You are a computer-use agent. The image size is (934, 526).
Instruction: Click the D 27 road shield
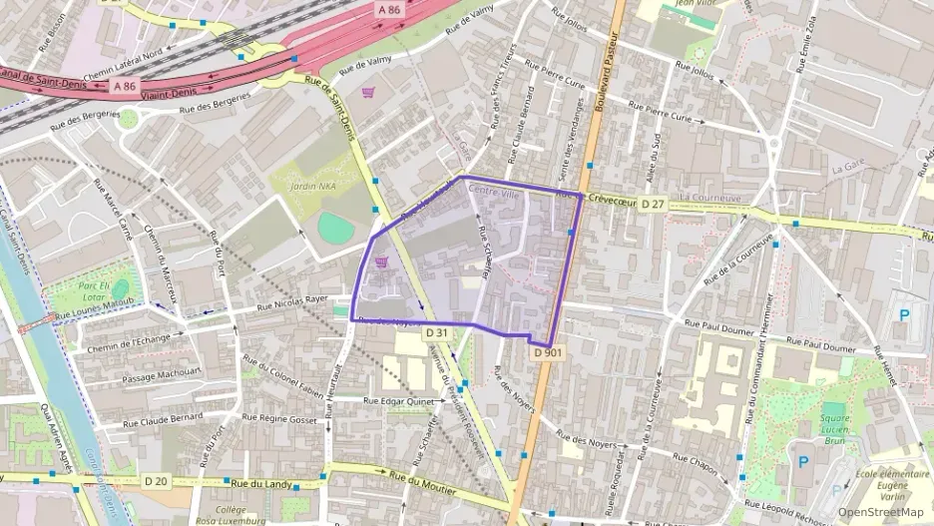(x=653, y=204)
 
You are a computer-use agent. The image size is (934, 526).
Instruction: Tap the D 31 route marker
(x=435, y=332)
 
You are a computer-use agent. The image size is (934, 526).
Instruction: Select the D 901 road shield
(x=545, y=352)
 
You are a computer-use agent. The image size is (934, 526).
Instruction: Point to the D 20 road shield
(x=156, y=481)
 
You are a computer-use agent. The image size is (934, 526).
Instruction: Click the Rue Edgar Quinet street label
(x=399, y=401)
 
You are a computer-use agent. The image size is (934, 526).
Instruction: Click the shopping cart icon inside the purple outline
(x=380, y=262)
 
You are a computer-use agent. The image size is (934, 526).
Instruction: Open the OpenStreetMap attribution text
(x=880, y=512)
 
